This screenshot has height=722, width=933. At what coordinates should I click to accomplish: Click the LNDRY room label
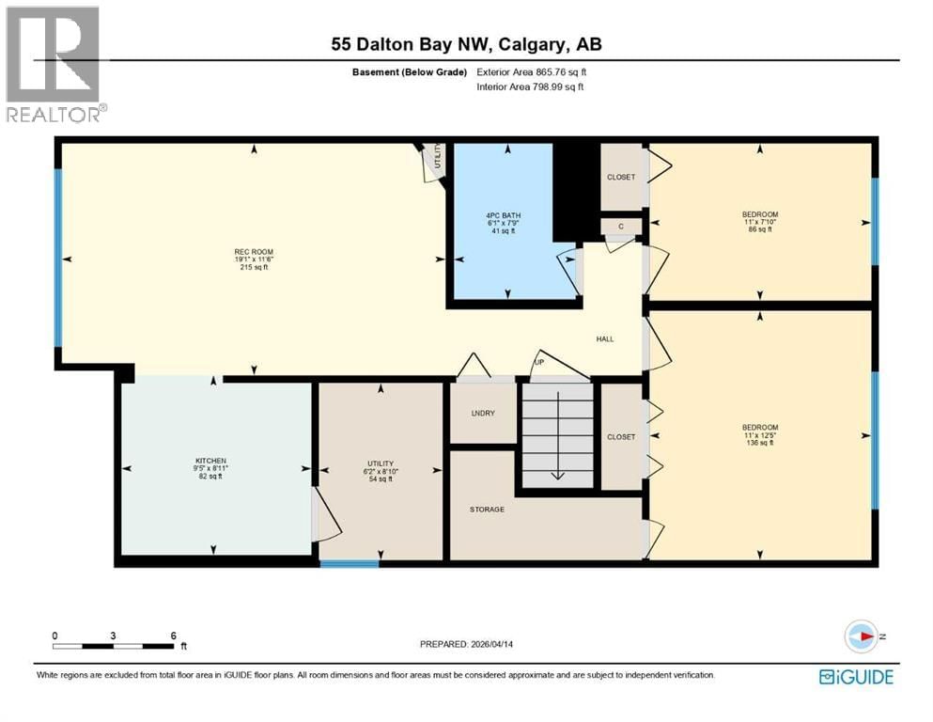click(483, 414)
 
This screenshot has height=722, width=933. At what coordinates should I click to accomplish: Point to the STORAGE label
click(487, 510)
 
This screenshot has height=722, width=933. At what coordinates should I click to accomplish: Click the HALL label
click(605, 338)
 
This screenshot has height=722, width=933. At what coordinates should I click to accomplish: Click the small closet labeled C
click(620, 226)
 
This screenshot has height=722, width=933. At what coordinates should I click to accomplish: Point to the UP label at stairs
click(539, 362)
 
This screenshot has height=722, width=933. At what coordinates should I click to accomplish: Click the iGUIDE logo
click(855, 677)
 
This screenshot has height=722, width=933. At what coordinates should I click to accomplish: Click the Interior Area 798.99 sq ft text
click(530, 86)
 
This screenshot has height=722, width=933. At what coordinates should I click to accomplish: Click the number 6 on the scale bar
click(173, 636)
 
